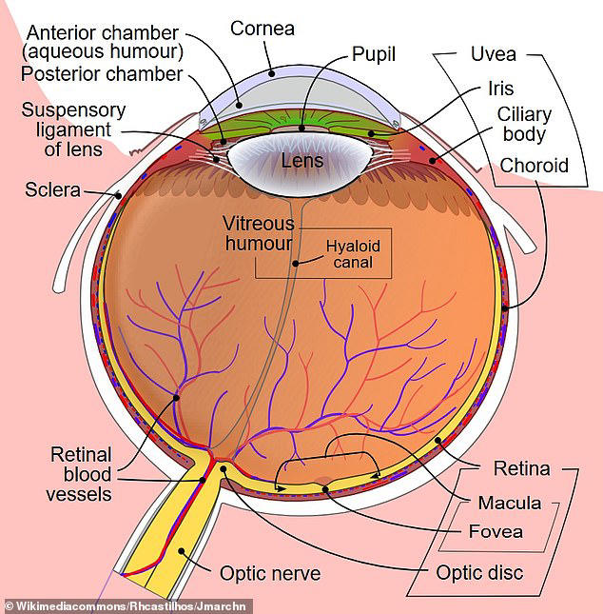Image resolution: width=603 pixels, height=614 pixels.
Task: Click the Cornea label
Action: coord(263,29)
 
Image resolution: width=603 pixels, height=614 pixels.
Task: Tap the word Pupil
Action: coord(374,54)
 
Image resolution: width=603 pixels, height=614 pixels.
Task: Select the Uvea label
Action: coord(494,54)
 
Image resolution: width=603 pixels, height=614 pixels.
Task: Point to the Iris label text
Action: coord(501,89)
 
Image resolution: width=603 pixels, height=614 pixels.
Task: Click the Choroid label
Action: coord(534,166)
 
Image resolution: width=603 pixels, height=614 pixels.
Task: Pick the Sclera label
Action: coord(53,190)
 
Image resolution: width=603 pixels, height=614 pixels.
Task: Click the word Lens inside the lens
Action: coord(302,161)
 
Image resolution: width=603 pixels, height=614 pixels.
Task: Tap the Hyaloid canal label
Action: coord(353,254)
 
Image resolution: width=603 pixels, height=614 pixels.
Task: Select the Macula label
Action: coord(510,504)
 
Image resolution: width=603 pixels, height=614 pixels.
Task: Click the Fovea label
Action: coord(496,532)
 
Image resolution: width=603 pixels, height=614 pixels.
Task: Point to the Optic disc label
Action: coord(479,573)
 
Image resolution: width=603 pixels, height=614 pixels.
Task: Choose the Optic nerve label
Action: coord(270,574)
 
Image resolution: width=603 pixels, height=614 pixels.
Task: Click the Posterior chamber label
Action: coord(102,74)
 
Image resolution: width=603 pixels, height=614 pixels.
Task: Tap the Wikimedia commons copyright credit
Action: coord(126,606)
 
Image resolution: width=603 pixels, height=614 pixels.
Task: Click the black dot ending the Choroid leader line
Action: coord(505,308)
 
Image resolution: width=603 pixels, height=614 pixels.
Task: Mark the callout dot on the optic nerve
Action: coord(182,551)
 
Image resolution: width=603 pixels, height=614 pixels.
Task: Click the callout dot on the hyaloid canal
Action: coord(296,264)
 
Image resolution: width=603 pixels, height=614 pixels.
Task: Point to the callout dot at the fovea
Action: coord(325,488)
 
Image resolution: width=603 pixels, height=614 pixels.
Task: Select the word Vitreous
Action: coord(259,224)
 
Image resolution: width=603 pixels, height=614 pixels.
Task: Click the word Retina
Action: coord(521,468)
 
